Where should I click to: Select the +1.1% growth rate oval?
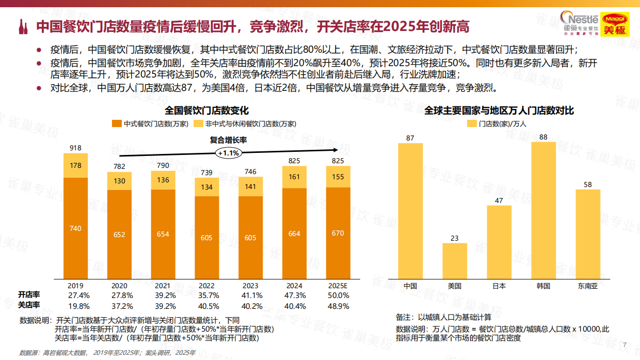tap(228, 153)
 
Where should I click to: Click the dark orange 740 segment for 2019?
tap(75, 228)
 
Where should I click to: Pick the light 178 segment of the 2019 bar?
tap(75, 165)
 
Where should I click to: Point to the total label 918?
tap(75, 148)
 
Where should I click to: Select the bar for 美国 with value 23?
tap(455, 261)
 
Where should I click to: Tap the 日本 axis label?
tap(499, 286)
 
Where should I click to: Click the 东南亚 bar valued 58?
tap(588, 234)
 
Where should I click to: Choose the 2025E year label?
tap(338, 286)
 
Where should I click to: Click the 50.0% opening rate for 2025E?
tap(338, 295)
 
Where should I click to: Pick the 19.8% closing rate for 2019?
tap(75, 306)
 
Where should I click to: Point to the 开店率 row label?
tap(29, 295)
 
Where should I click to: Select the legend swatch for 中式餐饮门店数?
tap(117, 124)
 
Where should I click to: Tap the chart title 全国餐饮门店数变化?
tap(207, 111)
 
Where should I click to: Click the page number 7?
tap(625, 345)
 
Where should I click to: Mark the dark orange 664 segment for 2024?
tap(294, 233)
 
